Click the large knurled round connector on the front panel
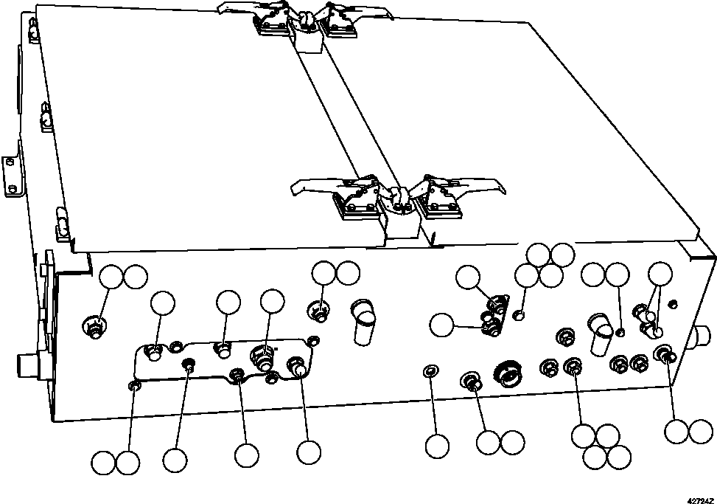pos(506,374)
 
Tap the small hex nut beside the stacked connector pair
pos(519,316)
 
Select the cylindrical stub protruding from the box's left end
pos(29,365)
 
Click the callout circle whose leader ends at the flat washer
pos(437,445)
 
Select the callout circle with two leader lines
pos(660,275)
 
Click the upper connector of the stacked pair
pos(498,303)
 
